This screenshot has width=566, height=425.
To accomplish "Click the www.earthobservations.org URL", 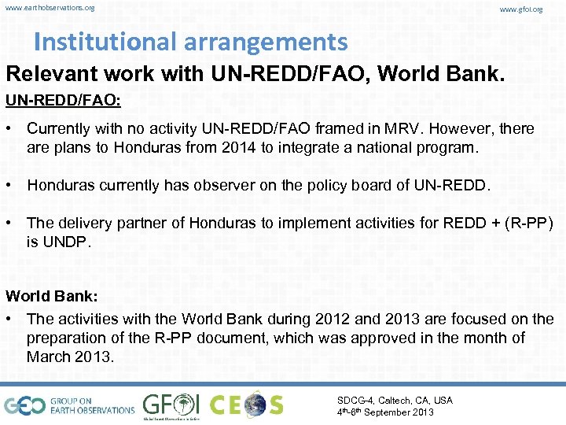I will [50, 8].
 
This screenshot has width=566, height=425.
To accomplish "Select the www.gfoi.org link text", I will [521, 9].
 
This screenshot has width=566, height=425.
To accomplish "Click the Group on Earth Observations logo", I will [69, 405].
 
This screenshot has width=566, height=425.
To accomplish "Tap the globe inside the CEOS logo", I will [255, 405].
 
